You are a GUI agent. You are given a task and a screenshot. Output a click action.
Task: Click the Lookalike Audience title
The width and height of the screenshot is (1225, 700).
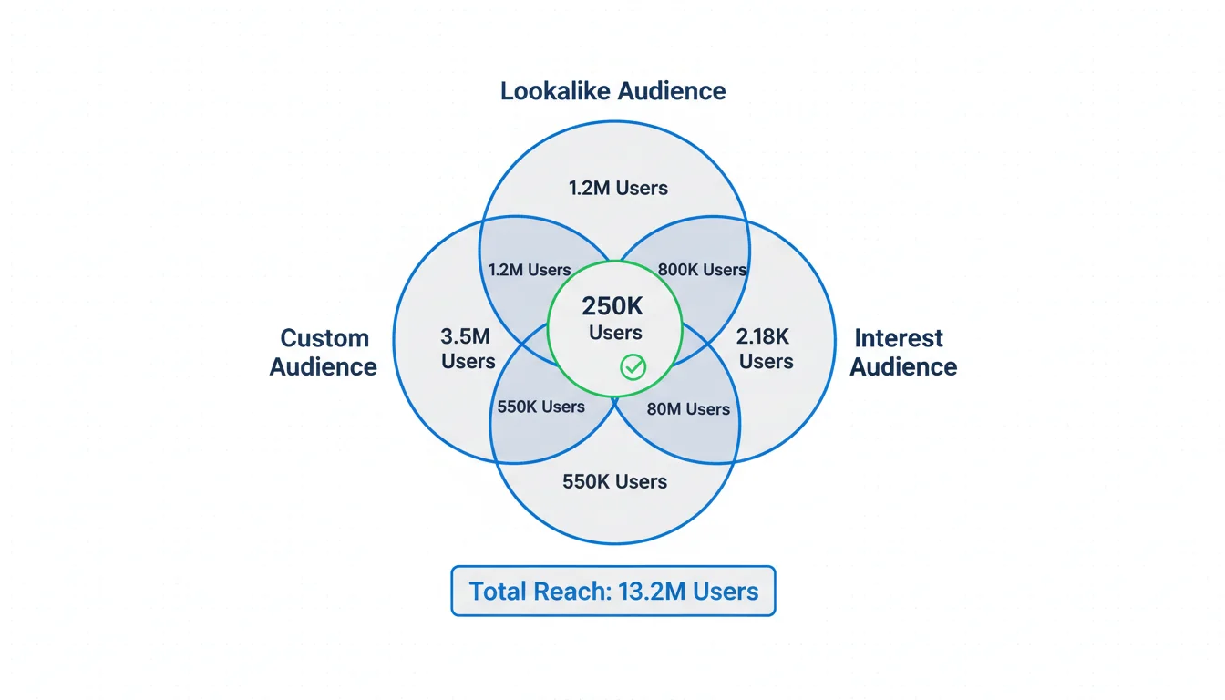pyautogui.click(x=612, y=91)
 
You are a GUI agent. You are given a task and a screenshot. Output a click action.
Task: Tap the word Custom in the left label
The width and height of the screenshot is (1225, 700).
pyautogui.click(x=324, y=338)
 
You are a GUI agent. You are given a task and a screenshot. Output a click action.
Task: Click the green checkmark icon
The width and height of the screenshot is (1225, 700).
pyautogui.click(x=633, y=366)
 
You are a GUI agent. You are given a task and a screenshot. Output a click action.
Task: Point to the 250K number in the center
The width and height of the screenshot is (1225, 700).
pyautogui.click(x=612, y=307)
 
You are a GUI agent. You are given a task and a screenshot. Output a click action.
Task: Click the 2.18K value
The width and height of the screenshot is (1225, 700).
pyautogui.click(x=763, y=335)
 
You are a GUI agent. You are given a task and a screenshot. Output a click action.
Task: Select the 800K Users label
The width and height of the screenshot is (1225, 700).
pyautogui.click(x=702, y=270)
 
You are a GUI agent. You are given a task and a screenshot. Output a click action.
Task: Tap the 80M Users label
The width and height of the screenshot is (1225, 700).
pyautogui.click(x=688, y=409)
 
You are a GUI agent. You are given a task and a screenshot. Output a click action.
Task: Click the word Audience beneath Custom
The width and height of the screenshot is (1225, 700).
pyautogui.click(x=324, y=366)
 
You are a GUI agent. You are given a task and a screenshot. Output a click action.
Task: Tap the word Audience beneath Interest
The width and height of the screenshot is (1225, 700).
pyautogui.click(x=903, y=366)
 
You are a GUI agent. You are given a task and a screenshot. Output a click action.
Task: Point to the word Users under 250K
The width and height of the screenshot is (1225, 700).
pyautogui.click(x=615, y=333)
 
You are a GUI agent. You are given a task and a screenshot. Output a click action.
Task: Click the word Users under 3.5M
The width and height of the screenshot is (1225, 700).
pyautogui.click(x=468, y=361)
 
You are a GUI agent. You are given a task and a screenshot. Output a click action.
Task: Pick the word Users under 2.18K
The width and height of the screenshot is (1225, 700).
pyautogui.click(x=766, y=361)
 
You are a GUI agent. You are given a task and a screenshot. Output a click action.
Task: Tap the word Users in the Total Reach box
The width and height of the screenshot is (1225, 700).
pyautogui.click(x=725, y=592)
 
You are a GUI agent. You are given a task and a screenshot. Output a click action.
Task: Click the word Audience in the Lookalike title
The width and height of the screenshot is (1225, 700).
pyautogui.click(x=671, y=91)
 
